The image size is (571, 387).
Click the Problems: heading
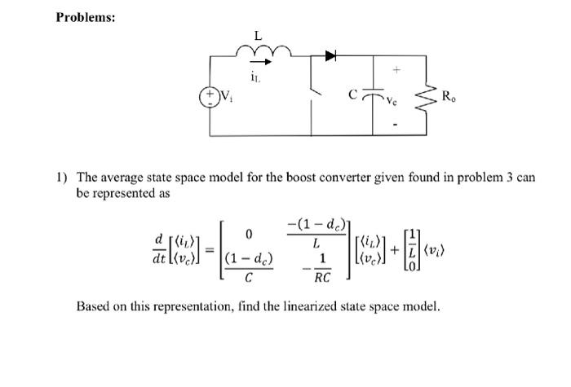click(x=86, y=17)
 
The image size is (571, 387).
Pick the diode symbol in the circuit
click(x=331, y=55)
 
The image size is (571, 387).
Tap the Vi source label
click(x=228, y=95)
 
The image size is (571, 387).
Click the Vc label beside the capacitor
click(x=392, y=102)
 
